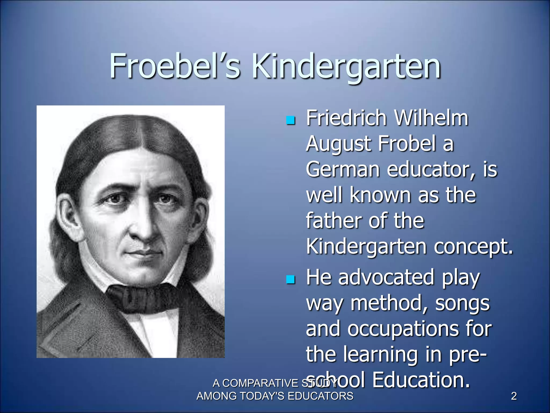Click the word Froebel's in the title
[175, 66]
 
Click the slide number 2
[514, 396]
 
